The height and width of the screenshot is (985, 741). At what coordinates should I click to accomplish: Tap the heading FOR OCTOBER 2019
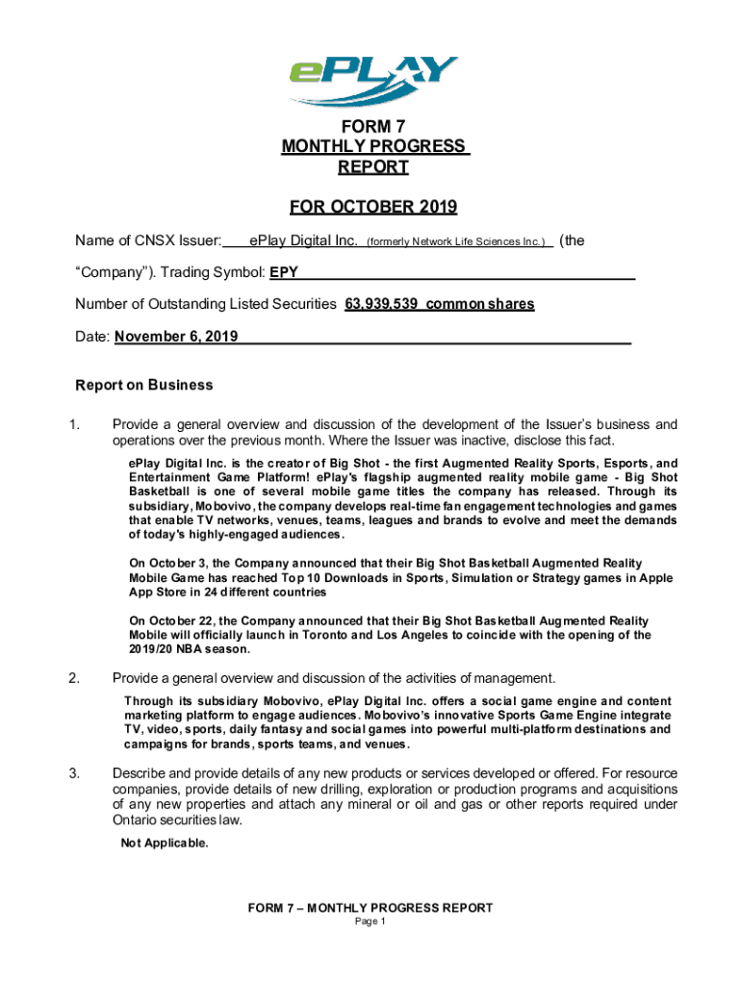373,208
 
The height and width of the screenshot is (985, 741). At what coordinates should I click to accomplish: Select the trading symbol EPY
284,272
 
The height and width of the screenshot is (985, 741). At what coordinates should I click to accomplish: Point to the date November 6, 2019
176,337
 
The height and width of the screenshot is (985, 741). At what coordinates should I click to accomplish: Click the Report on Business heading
144,386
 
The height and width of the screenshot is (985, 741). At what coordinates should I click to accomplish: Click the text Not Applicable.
164,844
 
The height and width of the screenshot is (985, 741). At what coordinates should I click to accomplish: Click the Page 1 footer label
370,922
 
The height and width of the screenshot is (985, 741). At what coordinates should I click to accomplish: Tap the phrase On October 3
166,563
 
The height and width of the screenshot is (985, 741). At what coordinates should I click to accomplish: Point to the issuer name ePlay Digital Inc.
303,240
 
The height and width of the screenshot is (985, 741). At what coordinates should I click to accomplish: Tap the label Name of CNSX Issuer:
149,240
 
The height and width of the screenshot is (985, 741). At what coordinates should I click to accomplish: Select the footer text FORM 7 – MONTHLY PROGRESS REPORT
370,907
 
